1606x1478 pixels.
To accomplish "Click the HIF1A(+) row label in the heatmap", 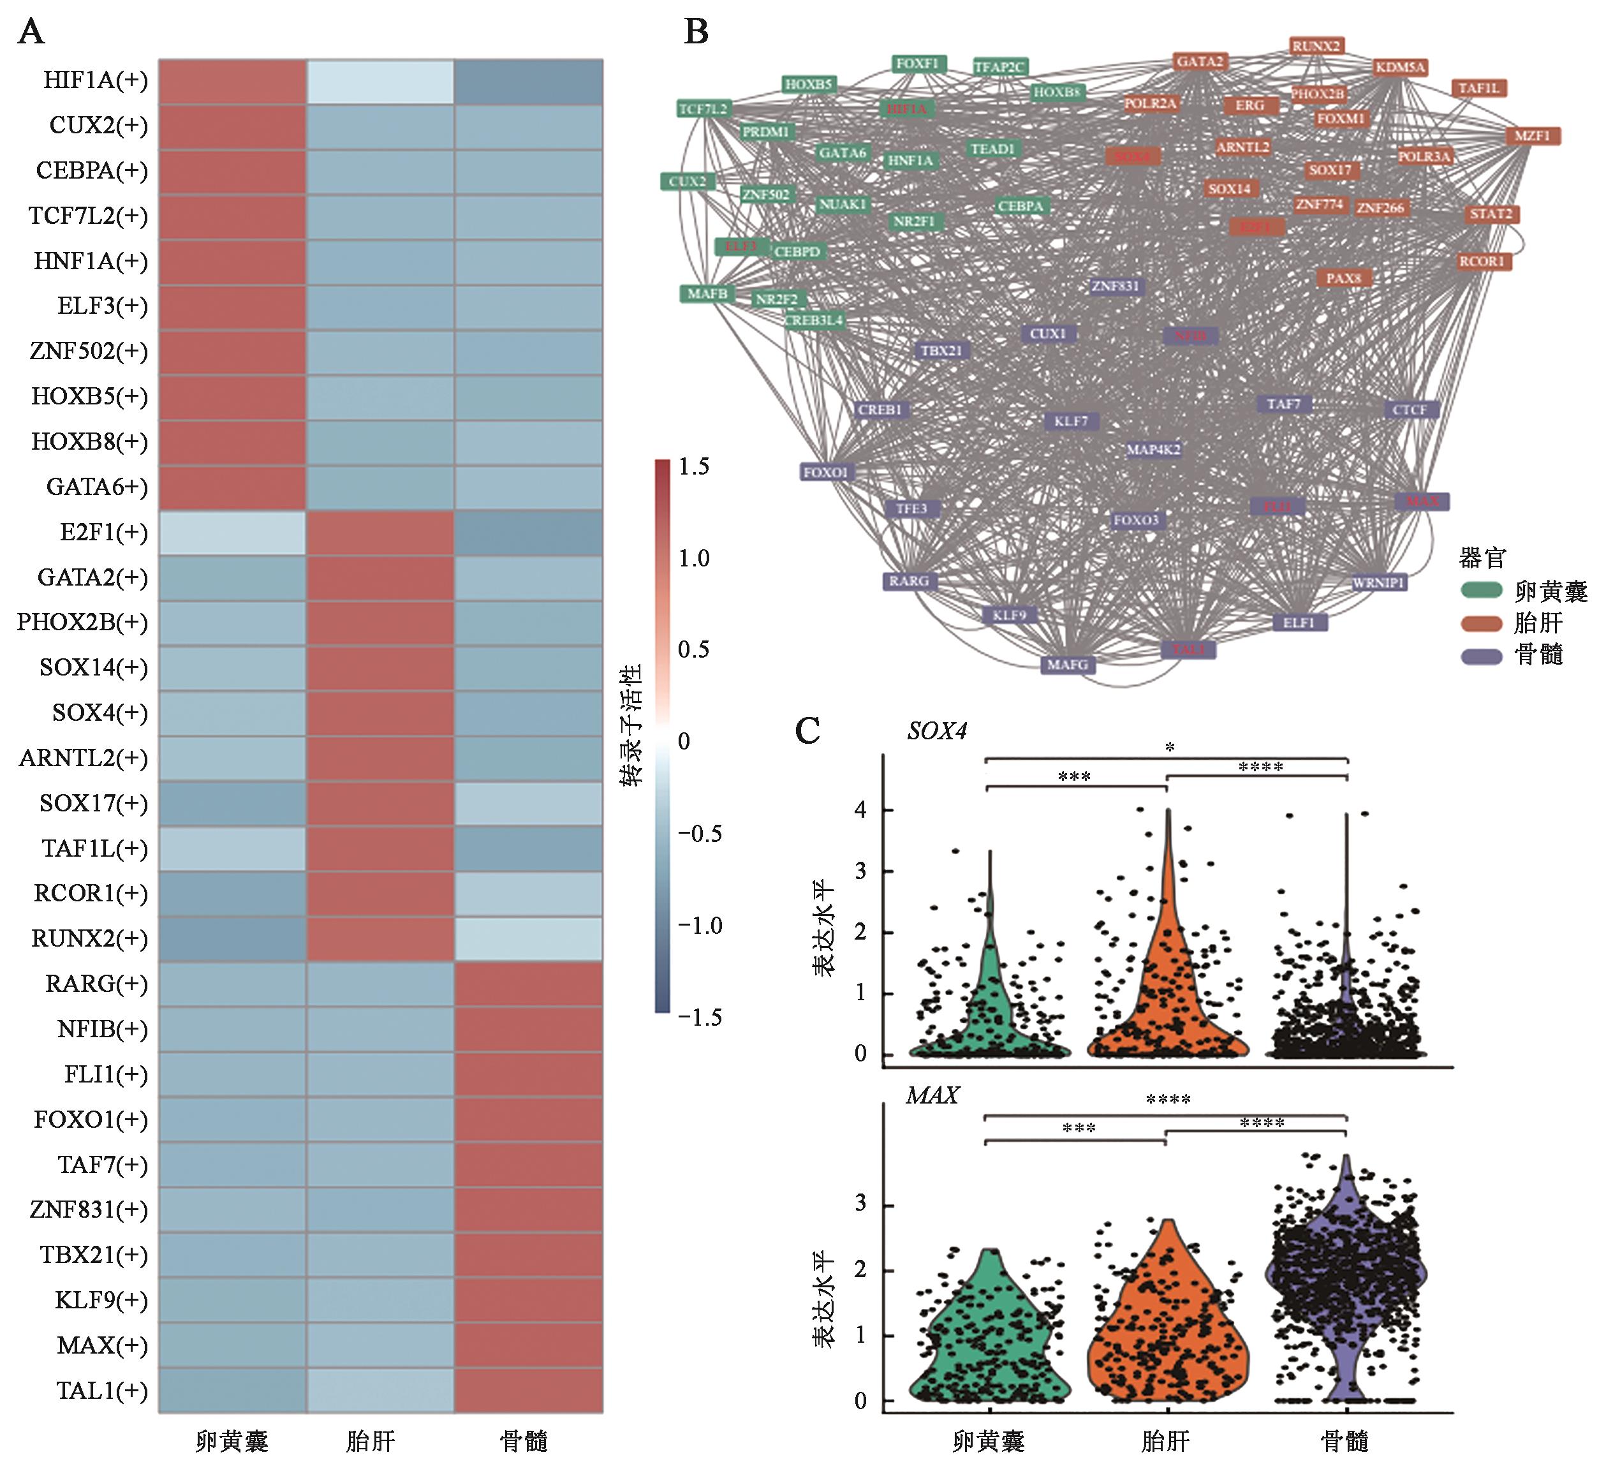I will (x=95, y=81).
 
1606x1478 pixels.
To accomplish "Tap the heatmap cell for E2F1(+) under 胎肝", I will (x=381, y=532).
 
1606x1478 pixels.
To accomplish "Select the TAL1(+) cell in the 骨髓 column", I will (x=528, y=1390).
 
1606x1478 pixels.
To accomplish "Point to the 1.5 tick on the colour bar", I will (x=693, y=466).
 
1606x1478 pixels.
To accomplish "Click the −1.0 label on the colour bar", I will (x=699, y=926).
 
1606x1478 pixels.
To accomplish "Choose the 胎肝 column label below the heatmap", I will (x=371, y=1441).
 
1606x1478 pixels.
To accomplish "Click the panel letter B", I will (x=696, y=32).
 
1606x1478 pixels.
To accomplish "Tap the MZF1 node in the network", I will (x=1531, y=136).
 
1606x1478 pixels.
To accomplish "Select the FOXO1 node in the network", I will (x=825, y=472).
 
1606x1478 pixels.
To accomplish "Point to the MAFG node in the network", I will (x=1068, y=665).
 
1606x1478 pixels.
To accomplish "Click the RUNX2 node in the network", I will (x=1316, y=47).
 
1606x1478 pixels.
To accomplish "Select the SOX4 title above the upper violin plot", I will (x=936, y=731).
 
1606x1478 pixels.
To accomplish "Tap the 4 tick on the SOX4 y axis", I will (x=860, y=809).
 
